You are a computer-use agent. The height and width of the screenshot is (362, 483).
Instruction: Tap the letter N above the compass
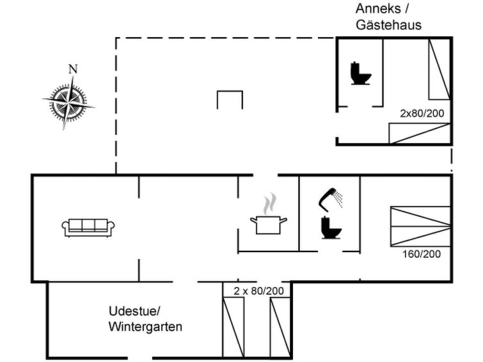(x=73, y=69)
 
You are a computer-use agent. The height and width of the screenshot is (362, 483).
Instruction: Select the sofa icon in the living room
(x=88, y=227)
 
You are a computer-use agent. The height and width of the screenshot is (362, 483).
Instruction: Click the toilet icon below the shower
(x=330, y=226)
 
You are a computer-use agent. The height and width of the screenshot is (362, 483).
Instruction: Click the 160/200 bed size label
(x=421, y=254)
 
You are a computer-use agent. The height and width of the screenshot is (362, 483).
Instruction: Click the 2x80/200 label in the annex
(x=422, y=113)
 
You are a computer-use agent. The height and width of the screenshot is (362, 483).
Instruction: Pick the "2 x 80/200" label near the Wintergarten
(x=258, y=291)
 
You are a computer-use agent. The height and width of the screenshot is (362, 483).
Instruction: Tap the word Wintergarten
(x=145, y=327)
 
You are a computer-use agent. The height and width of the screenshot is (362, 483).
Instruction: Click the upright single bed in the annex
(x=439, y=69)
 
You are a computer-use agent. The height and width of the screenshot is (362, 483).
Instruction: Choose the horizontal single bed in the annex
(x=420, y=133)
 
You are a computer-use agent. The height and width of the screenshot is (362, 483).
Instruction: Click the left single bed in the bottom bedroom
(x=234, y=326)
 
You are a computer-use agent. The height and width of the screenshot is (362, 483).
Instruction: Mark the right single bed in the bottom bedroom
(x=280, y=326)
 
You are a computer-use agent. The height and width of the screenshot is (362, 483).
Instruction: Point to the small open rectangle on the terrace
(x=230, y=100)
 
